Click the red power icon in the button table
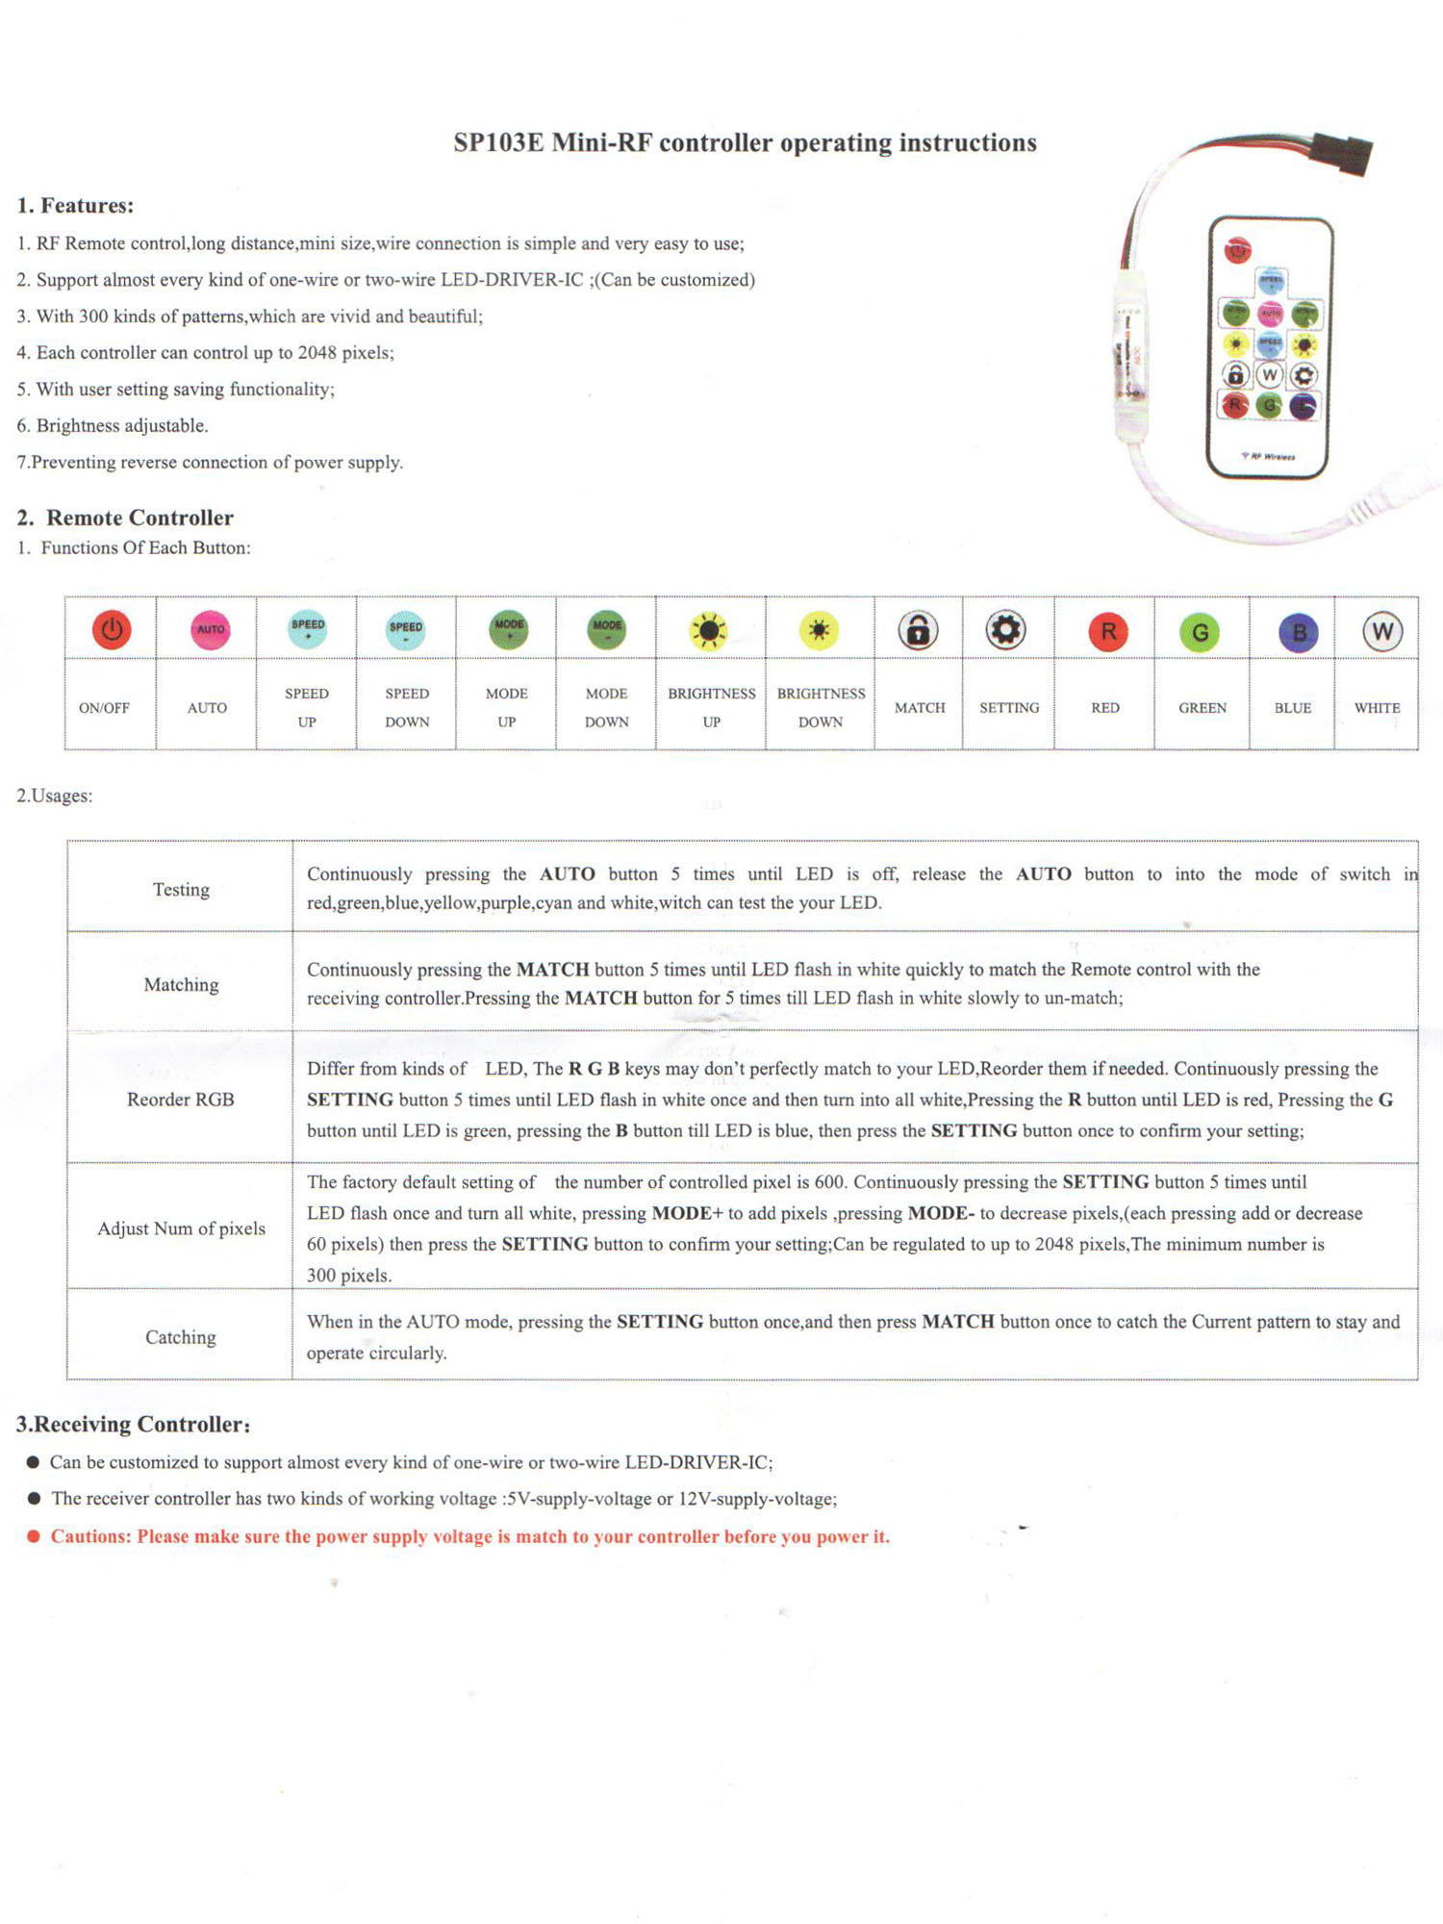click(112, 630)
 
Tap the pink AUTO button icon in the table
click(210, 630)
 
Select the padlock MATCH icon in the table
click(918, 631)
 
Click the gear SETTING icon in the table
click(1005, 630)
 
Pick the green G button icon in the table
click(1200, 633)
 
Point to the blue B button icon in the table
click(1298, 633)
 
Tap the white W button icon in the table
click(1381, 632)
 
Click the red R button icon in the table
click(1107, 632)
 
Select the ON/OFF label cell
click(104, 708)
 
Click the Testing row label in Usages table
click(181, 890)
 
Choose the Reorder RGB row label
click(181, 1100)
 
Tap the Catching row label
click(181, 1337)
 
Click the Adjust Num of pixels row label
click(181, 1228)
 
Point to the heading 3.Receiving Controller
click(133, 1425)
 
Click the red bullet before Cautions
click(34, 1536)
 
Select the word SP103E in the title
click(498, 143)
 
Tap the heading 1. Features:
click(75, 206)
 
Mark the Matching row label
click(181, 985)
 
